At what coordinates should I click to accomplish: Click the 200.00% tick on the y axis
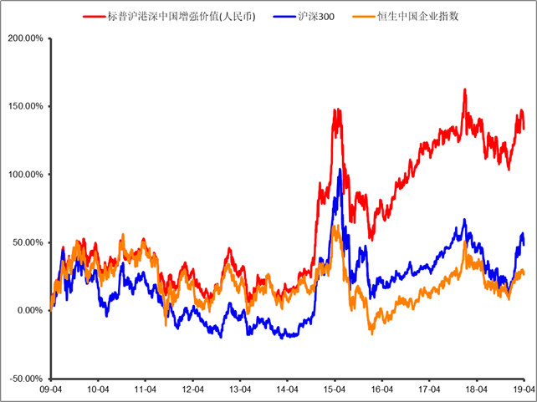click(x=24, y=38)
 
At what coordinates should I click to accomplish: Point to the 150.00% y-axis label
click(x=24, y=106)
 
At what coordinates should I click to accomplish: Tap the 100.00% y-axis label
click(x=24, y=174)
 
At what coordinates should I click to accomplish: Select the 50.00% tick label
click(x=27, y=242)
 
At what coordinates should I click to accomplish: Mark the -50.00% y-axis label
click(x=25, y=379)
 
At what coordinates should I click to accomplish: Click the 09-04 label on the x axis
click(x=52, y=389)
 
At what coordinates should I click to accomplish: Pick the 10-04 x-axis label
click(x=99, y=389)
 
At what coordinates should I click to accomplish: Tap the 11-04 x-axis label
click(x=146, y=389)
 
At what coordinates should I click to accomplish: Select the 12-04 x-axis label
click(x=193, y=389)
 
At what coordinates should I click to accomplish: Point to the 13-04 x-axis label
click(x=241, y=389)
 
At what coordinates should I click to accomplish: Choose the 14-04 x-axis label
click(x=288, y=389)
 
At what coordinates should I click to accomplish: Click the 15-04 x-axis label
click(x=335, y=389)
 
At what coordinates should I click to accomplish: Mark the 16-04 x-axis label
click(x=382, y=389)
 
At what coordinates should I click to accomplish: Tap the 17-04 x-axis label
click(x=429, y=389)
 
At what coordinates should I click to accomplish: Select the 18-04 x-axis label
click(x=476, y=389)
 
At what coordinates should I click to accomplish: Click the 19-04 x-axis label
click(x=524, y=389)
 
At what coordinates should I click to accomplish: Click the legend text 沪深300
click(x=315, y=16)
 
